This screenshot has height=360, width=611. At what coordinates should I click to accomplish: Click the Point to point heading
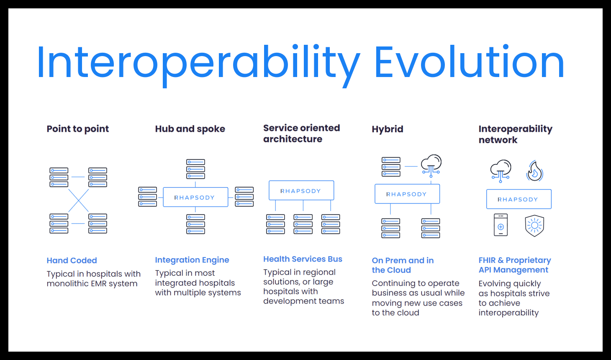click(78, 129)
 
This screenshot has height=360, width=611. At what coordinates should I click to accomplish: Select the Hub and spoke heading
click(190, 129)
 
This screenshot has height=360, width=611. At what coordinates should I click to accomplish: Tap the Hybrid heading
click(388, 129)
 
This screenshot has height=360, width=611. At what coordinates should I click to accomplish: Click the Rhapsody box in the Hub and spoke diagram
click(195, 197)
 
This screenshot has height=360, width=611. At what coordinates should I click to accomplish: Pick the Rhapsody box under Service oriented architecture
click(301, 190)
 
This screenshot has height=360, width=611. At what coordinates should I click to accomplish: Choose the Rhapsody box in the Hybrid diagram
click(407, 194)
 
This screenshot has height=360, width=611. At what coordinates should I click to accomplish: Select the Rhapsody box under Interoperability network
click(519, 199)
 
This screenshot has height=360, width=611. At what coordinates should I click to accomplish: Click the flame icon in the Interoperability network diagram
click(535, 171)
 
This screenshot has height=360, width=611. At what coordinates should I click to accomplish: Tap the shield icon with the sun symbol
click(534, 226)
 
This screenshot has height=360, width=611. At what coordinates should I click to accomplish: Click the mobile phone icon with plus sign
click(501, 225)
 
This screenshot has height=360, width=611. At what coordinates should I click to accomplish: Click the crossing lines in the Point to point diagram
click(78, 201)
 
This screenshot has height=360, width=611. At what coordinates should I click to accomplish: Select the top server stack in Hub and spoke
click(195, 169)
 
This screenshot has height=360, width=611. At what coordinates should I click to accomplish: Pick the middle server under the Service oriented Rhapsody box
click(303, 224)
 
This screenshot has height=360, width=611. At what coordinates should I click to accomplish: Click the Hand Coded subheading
click(72, 260)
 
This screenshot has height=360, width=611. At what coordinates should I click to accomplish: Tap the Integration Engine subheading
click(192, 260)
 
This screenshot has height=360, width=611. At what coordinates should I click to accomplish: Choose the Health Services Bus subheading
click(303, 259)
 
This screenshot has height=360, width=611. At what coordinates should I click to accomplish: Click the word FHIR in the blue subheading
click(487, 260)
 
